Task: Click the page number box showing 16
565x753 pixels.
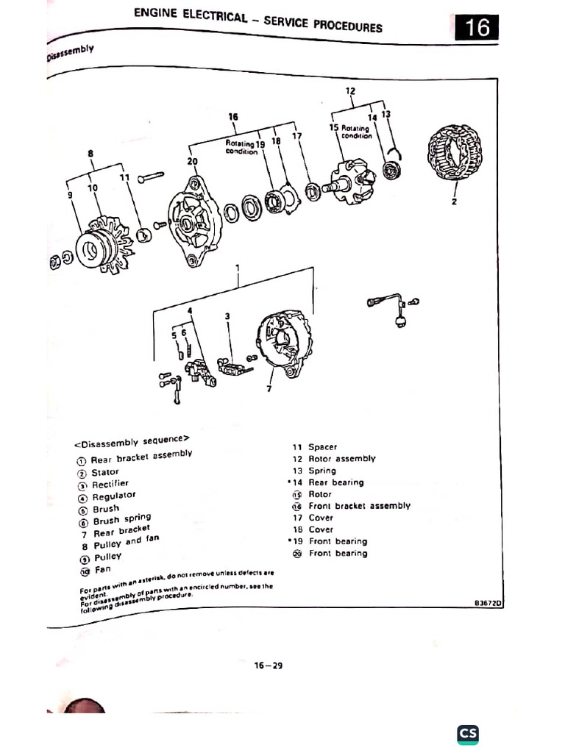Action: pos(475,27)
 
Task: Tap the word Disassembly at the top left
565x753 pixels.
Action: pos(71,52)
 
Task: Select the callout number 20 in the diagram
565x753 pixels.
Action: pos(192,161)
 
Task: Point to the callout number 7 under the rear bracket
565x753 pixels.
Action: pos(269,388)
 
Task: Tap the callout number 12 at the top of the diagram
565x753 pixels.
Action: pos(350,91)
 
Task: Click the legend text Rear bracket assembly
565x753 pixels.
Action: pos(141,457)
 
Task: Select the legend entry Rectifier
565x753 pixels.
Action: pos(110,484)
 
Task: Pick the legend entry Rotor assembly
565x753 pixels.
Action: pos(341,459)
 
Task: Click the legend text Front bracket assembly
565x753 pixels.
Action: pos(359,506)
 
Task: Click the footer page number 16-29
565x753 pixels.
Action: pos(269,665)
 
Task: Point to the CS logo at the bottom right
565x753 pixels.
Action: pos(468,734)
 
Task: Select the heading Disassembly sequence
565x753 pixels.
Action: pos(132,442)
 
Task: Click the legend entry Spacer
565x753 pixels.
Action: pos(322,447)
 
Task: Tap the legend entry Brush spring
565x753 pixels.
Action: pos(121,519)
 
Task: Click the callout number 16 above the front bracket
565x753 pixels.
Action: pos(233,116)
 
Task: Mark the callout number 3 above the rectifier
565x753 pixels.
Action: pos(227,315)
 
